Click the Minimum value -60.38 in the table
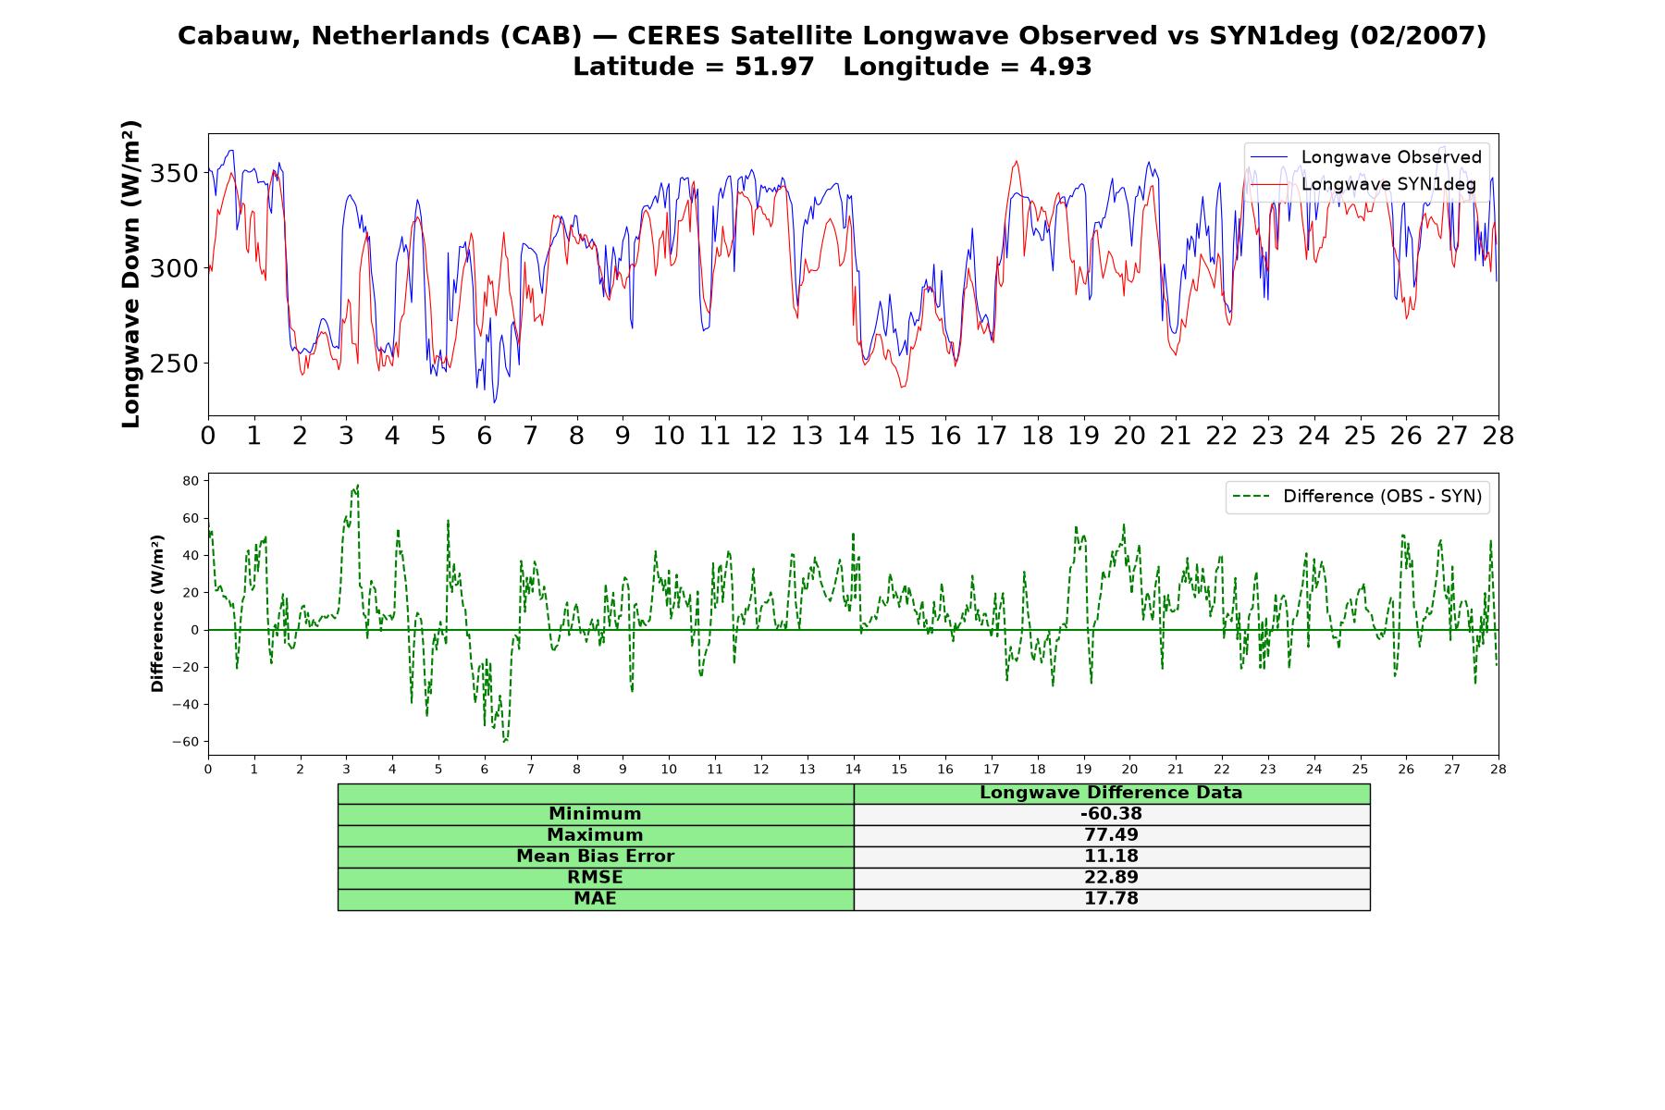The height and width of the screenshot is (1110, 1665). click(x=1111, y=814)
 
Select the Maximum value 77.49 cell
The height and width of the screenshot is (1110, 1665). click(x=1111, y=835)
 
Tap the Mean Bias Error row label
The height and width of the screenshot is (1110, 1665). click(x=595, y=857)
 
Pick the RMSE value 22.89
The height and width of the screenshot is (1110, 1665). click(x=1111, y=878)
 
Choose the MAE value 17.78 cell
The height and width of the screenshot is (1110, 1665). click(x=1111, y=899)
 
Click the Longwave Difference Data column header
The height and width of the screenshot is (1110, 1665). click(x=1111, y=793)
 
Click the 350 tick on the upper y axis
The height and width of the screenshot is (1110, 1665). click(x=174, y=174)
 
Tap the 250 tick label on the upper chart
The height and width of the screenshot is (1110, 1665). click(x=174, y=364)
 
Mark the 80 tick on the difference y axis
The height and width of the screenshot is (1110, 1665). click(x=191, y=481)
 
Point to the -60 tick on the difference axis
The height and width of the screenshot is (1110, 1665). click(x=186, y=742)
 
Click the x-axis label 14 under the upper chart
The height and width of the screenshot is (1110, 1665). click(x=853, y=436)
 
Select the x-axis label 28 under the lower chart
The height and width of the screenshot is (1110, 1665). click(x=1498, y=769)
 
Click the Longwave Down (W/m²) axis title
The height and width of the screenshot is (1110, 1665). click(x=131, y=274)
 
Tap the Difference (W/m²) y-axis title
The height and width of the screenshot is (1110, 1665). click(x=157, y=613)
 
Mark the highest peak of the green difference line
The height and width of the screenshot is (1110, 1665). click(x=357, y=485)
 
